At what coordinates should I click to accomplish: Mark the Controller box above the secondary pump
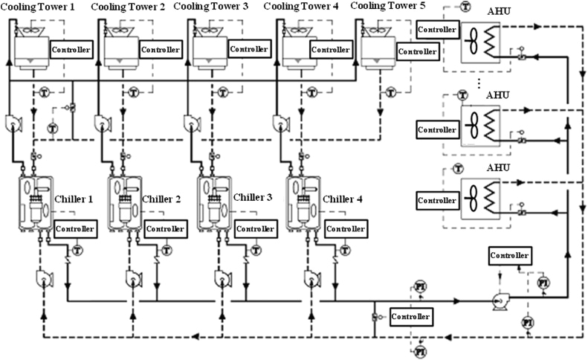tap(510, 255)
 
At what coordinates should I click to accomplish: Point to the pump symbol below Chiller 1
tap(43, 278)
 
